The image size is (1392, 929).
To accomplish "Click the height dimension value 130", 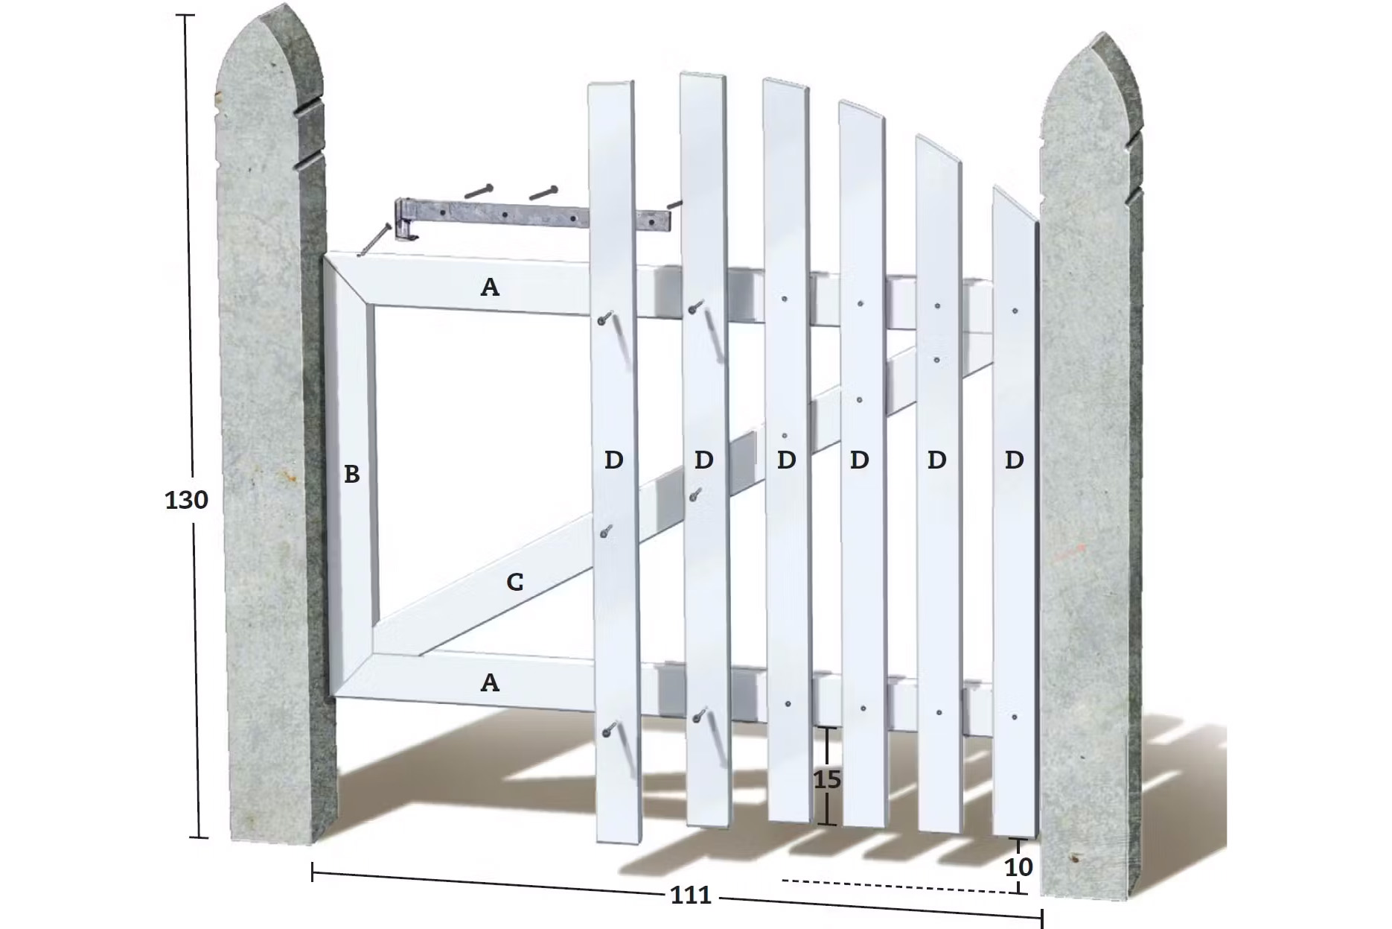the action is coord(186,500).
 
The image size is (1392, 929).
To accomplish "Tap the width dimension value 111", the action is coord(691,895).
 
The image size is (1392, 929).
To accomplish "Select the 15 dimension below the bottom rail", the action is coord(827,780).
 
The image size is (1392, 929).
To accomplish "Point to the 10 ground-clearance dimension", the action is coord(1018,867).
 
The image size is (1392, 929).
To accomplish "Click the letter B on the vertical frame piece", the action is coord(352,474).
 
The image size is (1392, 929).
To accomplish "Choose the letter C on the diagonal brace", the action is coord(514,582).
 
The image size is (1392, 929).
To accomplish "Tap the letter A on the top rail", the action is coord(490,287).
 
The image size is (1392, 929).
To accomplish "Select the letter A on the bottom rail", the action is coord(490,682).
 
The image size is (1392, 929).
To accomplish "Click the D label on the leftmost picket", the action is coord(613,460).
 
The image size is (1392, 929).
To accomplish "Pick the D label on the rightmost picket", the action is coord(1014,460).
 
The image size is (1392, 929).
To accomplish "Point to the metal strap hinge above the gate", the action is coord(536,218).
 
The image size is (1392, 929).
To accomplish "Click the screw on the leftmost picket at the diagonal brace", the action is coord(606,532).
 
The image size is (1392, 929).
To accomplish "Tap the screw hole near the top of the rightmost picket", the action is coord(1015,311).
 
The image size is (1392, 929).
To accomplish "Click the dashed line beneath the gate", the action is coord(899,887).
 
